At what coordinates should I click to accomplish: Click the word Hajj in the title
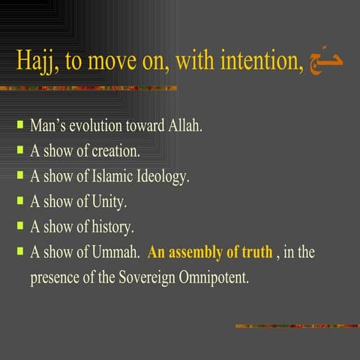pyautogui.click(x=39, y=61)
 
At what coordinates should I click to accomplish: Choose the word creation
pyautogui.click(x=115, y=150)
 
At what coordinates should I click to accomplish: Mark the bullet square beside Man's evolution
pyautogui.click(x=20, y=123)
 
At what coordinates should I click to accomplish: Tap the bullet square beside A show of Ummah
pyautogui.click(x=20, y=250)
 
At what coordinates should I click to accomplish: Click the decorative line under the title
pyautogui.click(x=89, y=89)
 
